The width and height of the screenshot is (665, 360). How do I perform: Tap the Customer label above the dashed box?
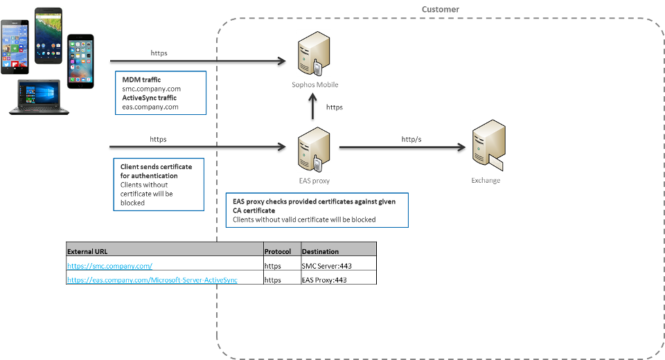coord(441,9)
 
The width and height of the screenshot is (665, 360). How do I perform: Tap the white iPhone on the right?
coord(81,58)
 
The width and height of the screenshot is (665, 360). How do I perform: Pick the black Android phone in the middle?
coord(48,36)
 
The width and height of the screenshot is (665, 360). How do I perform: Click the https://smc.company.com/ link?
coord(109,265)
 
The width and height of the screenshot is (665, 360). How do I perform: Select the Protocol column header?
coord(280,251)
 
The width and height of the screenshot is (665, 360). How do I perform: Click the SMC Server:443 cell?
coord(325,265)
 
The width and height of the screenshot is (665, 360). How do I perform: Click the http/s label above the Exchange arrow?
coord(411,139)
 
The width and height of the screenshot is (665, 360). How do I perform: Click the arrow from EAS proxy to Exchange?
coord(402,147)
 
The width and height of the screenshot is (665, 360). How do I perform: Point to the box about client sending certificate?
coord(160,184)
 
